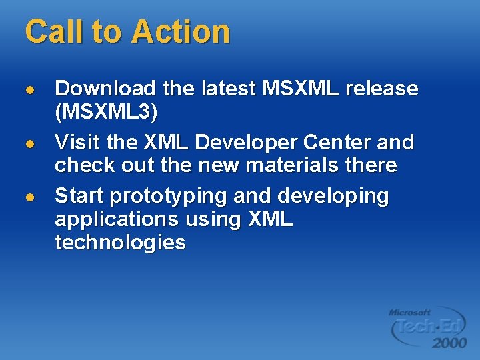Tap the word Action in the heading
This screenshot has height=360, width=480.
click(x=181, y=31)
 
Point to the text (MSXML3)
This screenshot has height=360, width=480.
click(x=107, y=112)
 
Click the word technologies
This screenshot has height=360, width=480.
click(x=120, y=242)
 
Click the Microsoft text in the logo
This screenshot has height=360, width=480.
click(x=410, y=312)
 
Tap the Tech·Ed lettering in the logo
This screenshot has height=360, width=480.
click(x=427, y=327)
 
